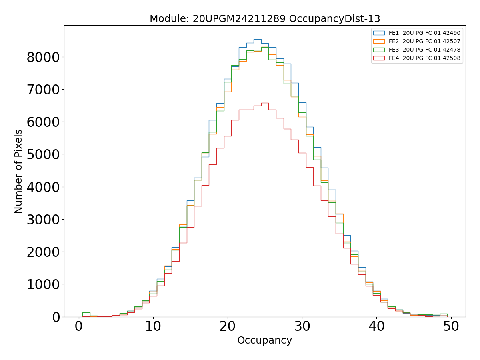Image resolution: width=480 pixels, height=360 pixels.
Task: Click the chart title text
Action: [265, 19]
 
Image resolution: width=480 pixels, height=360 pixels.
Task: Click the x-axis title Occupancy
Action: [264, 340]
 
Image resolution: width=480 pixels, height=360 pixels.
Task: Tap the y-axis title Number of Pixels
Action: [19, 171]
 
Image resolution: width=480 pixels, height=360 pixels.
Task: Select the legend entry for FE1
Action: [424, 33]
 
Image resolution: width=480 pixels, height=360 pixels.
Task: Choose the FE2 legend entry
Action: [424, 41]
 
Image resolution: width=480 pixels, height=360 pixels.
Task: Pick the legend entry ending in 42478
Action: [424, 50]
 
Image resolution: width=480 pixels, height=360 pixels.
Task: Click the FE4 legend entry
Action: [424, 58]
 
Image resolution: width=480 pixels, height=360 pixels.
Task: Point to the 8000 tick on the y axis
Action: [43, 57]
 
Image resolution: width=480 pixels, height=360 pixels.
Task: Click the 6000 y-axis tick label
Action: [43, 122]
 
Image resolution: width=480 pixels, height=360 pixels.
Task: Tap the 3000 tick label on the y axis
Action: [43, 220]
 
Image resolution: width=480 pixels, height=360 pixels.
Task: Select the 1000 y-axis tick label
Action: [43, 284]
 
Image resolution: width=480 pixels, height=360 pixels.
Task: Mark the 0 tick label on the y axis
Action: [55, 317]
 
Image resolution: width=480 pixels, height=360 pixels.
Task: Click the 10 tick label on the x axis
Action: [153, 326]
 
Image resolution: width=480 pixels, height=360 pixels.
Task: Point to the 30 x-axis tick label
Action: [302, 326]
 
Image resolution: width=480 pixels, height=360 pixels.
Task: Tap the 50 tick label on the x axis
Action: [451, 326]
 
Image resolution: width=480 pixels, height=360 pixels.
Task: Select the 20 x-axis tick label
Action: [227, 326]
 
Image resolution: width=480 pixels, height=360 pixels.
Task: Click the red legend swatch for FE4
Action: [379, 58]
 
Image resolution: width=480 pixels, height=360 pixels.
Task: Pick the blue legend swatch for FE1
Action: [379, 33]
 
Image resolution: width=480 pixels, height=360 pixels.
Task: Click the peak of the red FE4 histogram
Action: [265, 103]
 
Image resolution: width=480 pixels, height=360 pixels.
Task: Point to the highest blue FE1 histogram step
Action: [257, 39]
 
